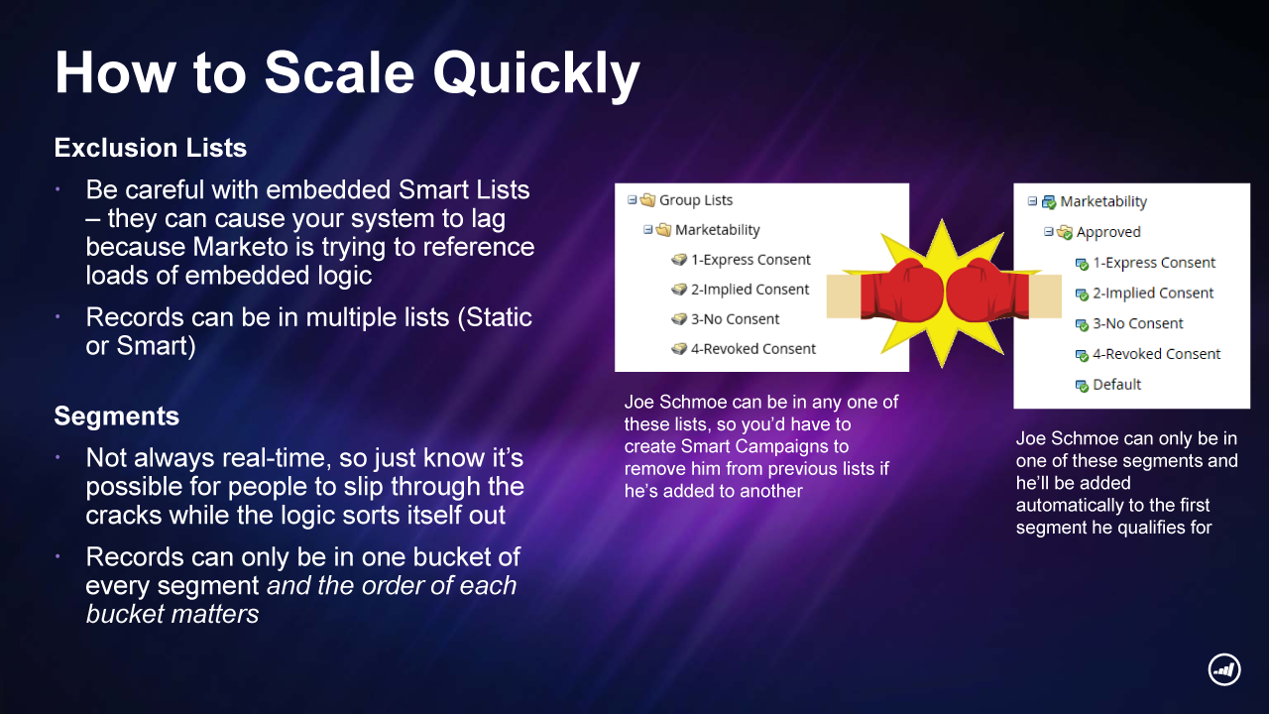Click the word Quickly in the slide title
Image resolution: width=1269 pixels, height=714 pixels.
click(536, 74)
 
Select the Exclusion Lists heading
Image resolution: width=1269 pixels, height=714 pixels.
click(150, 148)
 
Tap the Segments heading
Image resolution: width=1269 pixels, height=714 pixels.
click(117, 416)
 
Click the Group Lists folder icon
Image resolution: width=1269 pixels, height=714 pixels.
click(647, 200)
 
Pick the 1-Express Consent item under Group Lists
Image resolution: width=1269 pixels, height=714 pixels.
click(750, 260)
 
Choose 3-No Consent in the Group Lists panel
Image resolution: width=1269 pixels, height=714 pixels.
click(735, 319)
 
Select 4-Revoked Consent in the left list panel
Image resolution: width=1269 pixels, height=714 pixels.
click(752, 348)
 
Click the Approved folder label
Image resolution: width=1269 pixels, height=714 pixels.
click(1108, 232)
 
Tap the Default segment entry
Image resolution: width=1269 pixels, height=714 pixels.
click(1116, 384)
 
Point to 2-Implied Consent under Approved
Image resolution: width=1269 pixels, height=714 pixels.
click(1153, 293)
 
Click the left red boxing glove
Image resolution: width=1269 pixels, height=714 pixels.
click(902, 291)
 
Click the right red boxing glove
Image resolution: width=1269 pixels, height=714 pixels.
click(987, 291)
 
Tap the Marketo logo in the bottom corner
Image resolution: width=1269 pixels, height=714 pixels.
click(1224, 669)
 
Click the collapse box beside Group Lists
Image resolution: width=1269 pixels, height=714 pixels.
click(633, 200)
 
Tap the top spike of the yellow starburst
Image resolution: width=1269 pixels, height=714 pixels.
click(942, 220)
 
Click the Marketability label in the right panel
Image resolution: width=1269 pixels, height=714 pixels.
click(1103, 201)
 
